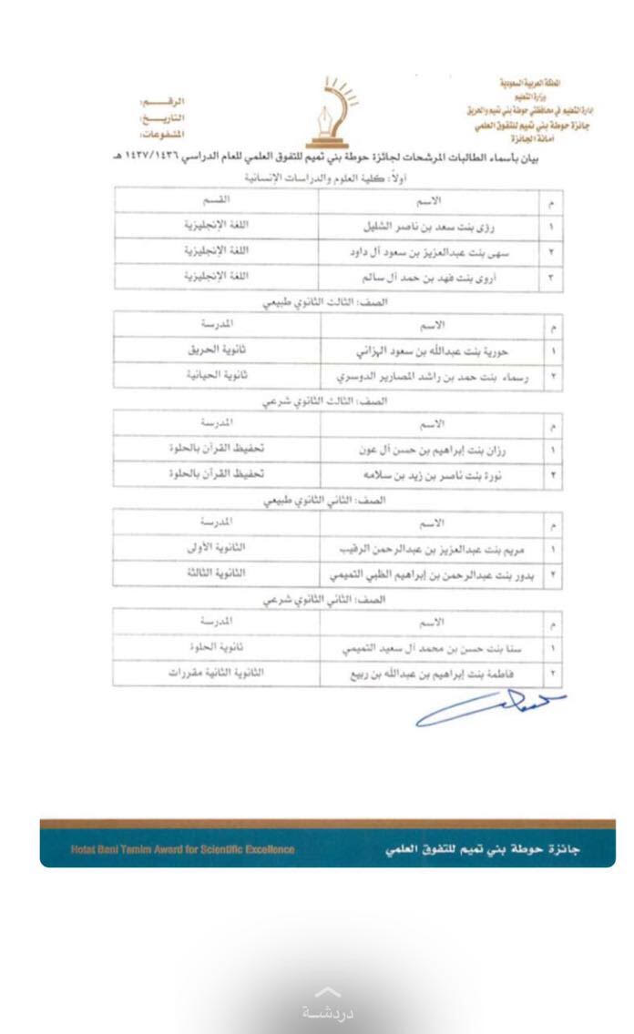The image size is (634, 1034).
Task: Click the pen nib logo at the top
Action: [x=339, y=114]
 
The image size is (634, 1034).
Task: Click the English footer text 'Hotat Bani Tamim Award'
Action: [x=182, y=849]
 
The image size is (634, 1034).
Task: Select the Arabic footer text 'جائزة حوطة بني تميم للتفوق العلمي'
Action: [x=483, y=849]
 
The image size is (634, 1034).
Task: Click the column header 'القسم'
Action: [x=216, y=198]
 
